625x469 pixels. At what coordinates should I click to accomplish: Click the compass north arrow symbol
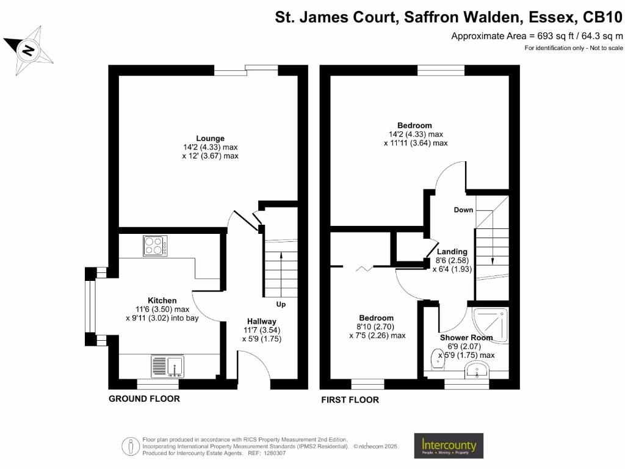coord(29,49)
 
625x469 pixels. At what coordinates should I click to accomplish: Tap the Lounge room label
coord(210,138)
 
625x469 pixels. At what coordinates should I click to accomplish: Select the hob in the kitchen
coord(155,245)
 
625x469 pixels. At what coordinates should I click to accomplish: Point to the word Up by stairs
coord(281,304)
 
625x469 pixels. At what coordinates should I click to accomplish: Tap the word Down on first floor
coord(463,210)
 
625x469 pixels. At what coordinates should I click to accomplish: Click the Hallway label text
coord(261,321)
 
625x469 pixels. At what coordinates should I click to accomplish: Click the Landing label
coord(452,252)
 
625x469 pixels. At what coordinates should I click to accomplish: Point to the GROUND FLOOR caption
coord(144,399)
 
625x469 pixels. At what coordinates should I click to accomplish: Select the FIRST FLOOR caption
coord(350,400)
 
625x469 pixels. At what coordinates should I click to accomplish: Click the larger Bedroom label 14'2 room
coord(416,126)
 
